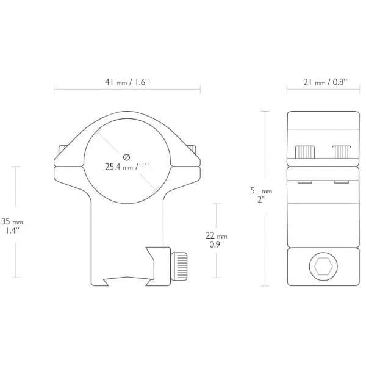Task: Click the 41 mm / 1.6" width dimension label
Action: coord(127,82)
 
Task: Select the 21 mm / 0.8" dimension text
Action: coord(325,82)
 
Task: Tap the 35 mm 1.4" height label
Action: coord(12,226)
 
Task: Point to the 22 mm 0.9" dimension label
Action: coord(217,240)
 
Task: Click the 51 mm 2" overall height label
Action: coord(261,195)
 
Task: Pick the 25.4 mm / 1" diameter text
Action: coord(127,167)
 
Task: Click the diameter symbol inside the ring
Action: coord(126,157)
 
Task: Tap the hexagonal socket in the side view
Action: coord(323,267)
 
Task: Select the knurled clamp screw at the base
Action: coord(179,266)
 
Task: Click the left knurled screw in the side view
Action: coord(305,152)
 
